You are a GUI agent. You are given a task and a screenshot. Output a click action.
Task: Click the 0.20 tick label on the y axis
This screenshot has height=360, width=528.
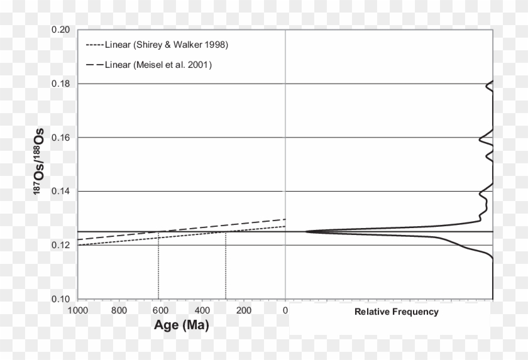(61, 30)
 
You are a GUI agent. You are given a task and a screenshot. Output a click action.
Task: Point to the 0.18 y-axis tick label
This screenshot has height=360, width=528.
(61, 84)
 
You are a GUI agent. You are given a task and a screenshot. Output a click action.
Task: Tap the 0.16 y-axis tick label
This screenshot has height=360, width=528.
(61, 138)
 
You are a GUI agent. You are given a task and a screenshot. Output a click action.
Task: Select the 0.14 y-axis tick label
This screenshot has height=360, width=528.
(61, 192)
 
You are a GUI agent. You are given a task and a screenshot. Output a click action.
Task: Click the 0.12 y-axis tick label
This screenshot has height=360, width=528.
(61, 245)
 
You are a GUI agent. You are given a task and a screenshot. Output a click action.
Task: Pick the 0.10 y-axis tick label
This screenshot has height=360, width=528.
(61, 299)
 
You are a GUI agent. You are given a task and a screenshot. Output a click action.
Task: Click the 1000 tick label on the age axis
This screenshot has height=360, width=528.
(77, 310)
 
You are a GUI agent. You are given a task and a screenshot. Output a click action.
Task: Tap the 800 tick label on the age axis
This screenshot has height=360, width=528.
(118, 310)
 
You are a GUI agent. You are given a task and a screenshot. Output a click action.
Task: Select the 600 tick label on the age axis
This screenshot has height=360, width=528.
(160, 310)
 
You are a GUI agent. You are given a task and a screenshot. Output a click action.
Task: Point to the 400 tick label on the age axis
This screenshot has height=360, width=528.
(202, 310)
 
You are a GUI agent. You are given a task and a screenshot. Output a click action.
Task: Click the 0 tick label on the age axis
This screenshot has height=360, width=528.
(285, 310)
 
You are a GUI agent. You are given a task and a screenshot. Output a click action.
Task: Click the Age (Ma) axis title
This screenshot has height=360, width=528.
(182, 325)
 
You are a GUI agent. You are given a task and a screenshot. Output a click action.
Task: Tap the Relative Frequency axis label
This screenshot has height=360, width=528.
(397, 312)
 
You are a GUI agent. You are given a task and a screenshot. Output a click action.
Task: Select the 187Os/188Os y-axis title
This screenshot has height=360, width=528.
(39, 165)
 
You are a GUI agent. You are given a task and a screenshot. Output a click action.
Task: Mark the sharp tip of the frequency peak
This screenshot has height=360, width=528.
(305, 232)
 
